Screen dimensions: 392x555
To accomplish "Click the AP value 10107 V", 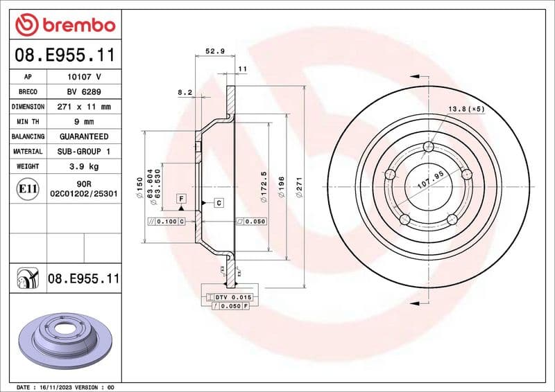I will [x=84, y=77].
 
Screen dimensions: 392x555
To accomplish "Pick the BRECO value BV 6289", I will [x=84, y=91].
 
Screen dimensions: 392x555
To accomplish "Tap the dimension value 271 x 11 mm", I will [x=84, y=107].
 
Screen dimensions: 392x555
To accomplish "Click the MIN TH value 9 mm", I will [x=84, y=122].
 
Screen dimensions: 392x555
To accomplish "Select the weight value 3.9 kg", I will [x=84, y=166].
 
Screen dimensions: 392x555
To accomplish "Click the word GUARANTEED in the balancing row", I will [x=84, y=136].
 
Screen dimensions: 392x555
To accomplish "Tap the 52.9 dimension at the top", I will [x=214, y=51].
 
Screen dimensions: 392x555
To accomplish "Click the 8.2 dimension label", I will [x=185, y=91].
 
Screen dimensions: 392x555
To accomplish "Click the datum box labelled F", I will [x=181, y=198].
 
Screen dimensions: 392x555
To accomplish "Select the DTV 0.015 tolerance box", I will [x=230, y=296].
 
